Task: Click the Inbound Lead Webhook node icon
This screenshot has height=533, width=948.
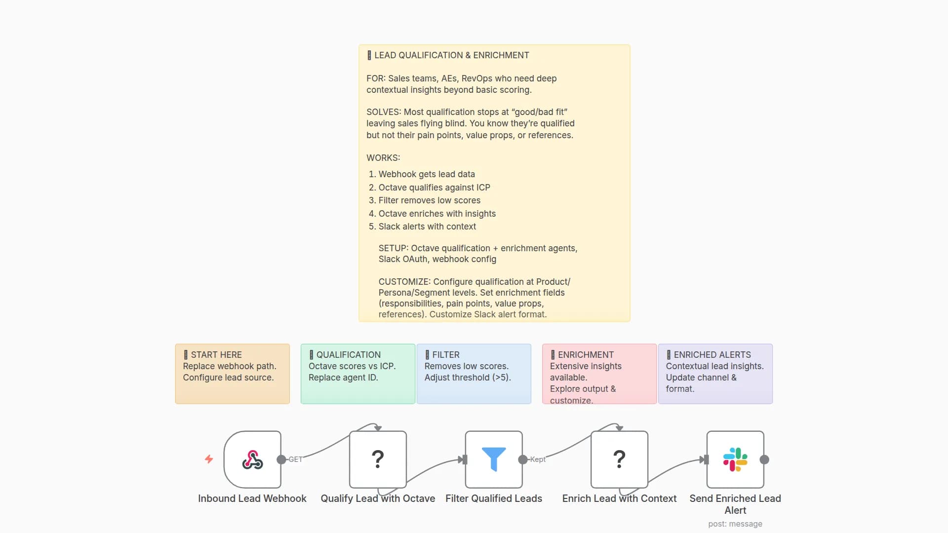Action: [x=252, y=459]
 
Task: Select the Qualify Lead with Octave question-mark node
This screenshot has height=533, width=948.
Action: [x=378, y=459]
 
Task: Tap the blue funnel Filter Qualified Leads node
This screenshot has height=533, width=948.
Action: [x=494, y=459]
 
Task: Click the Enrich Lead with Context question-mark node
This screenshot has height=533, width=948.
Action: [x=619, y=459]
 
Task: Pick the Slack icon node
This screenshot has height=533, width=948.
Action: [x=735, y=459]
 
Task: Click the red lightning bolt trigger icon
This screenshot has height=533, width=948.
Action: [x=209, y=459]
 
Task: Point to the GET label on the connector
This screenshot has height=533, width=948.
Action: [x=295, y=459]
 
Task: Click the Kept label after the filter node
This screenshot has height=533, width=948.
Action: [x=538, y=459]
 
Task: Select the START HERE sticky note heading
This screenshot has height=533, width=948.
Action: [x=216, y=355]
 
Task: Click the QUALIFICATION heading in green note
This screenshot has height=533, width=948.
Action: [x=348, y=355]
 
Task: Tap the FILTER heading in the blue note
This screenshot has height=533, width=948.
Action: [x=445, y=355]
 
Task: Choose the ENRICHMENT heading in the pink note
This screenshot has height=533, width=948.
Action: [x=586, y=355]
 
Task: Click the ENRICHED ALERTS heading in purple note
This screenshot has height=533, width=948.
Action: [x=712, y=355]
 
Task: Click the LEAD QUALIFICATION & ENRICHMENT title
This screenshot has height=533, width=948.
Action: [x=451, y=55]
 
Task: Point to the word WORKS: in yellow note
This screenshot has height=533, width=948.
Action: [x=383, y=158]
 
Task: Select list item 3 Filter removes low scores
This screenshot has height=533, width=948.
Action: [x=429, y=200]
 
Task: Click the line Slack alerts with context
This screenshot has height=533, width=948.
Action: [x=427, y=227]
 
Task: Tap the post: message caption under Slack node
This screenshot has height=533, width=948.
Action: [x=735, y=524]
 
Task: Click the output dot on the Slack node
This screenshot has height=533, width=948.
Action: [x=764, y=459]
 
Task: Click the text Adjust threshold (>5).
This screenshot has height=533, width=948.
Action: [x=468, y=378]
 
